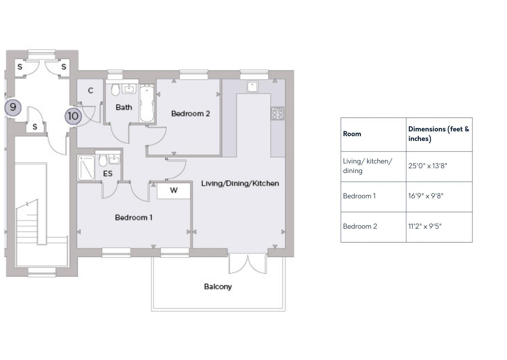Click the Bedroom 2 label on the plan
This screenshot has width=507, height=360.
(190, 114)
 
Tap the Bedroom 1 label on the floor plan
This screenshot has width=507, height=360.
(134, 218)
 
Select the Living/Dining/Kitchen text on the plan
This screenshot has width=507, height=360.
(240, 183)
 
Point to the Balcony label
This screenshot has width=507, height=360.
(218, 287)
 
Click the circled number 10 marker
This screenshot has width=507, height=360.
(73, 116)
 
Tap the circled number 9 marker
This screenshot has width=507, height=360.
(13, 107)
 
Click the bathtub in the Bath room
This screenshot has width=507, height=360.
(147, 104)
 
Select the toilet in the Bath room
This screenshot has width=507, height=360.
(115, 90)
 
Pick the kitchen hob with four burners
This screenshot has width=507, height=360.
(277, 114)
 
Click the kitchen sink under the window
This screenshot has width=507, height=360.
(253, 87)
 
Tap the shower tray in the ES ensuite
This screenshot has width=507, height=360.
(86, 168)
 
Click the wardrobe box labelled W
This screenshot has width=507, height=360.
(174, 191)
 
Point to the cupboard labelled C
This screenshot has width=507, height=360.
(90, 91)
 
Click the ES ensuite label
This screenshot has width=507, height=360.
(108, 174)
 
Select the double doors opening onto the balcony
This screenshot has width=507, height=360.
(248, 264)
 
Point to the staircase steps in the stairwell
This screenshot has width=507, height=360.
(27, 227)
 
